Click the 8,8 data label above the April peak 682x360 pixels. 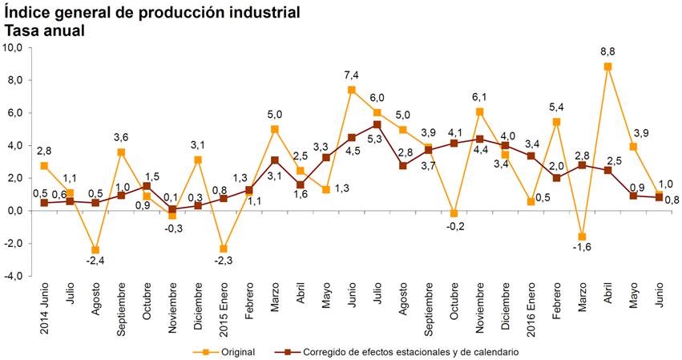[607, 51]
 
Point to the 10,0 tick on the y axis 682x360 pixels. [14, 47]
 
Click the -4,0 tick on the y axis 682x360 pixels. [14, 276]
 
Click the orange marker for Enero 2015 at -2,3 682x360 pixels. [224, 249]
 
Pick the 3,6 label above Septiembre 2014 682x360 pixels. [121, 136]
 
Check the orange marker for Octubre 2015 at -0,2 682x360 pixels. [454, 213]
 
